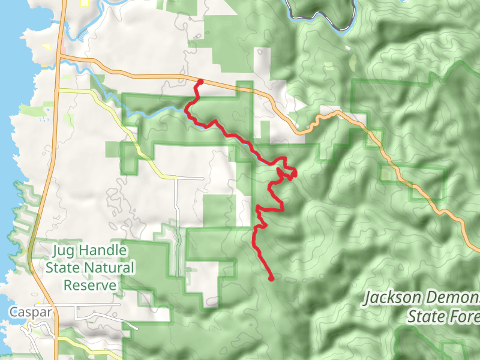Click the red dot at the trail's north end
point(200,82)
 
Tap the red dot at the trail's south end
point(271,278)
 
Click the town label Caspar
point(30,312)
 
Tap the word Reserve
point(89,285)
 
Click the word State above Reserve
point(64,268)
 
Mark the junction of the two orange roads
point(59,56)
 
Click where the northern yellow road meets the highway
point(57,89)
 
